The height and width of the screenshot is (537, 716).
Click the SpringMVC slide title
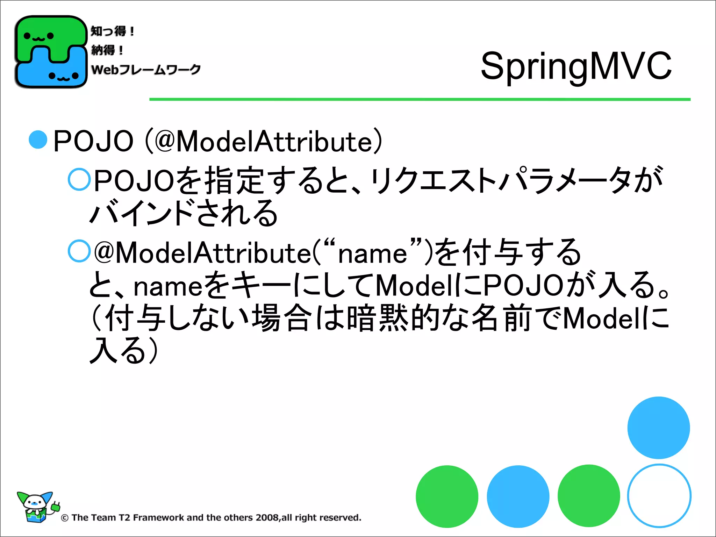tap(576, 66)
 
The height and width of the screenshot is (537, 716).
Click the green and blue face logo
tap(51, 52)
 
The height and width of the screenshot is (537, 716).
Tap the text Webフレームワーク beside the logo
tap(146, 69)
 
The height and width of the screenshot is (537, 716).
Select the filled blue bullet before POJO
tap(38, 140)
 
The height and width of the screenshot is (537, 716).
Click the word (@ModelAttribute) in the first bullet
tap(264, 141)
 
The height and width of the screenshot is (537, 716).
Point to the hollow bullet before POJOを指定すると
tap(79, 179)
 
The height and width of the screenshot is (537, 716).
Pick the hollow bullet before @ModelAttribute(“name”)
tap(79, 251)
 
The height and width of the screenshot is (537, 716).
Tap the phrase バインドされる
tap(184, 213)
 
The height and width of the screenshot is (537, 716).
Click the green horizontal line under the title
tap(420, 100)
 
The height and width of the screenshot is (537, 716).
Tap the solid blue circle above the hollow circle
tap(659, 428)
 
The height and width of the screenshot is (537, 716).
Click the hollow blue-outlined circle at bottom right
tap(659, 496)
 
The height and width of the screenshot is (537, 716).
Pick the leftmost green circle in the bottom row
tap(447, 496)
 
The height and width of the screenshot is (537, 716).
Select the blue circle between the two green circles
tap(518, 496)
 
